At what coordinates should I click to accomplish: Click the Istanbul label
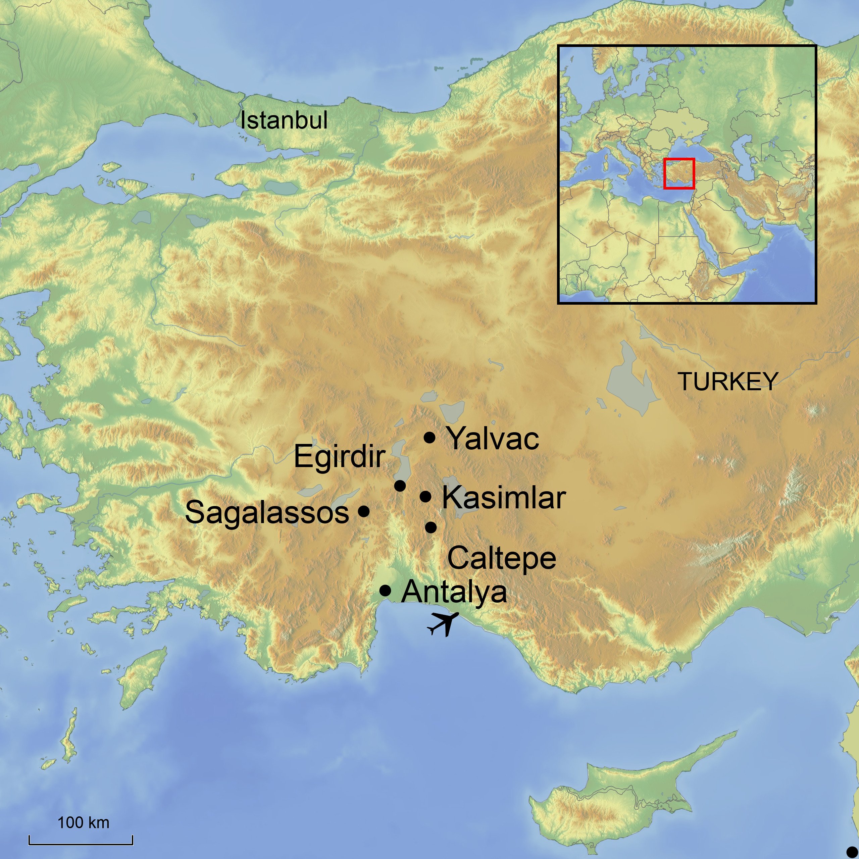click(284, 120)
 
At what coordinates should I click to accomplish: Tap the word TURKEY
click(727, 382)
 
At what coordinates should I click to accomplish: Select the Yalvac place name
click(493, 439)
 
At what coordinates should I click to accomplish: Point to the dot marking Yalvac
click(429, 438)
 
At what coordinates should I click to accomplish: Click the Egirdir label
click(339, 457)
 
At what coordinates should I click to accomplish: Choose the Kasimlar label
click(504, 498)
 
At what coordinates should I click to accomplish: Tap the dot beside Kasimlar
click(425, 496)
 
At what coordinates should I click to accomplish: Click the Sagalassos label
click(267, 512)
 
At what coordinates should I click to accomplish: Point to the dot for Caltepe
click(431, 528)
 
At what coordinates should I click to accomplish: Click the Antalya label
click(454, 592)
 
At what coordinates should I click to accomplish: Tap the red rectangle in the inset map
click(679, 173)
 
